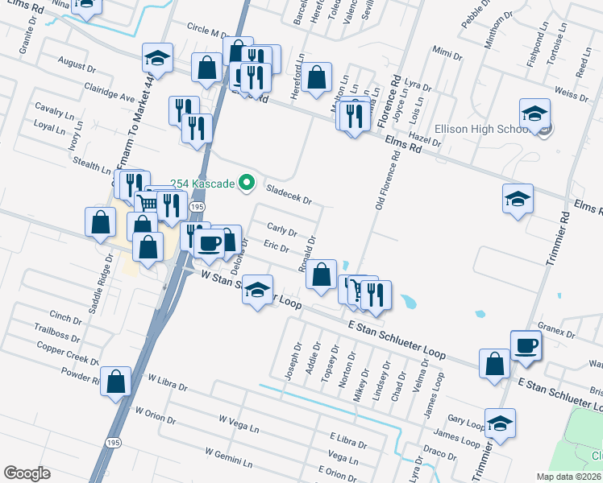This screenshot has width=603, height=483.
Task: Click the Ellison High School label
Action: click(480, 130)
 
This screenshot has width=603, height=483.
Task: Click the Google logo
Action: click(27, 473)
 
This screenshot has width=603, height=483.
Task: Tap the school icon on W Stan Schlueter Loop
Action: click(257, 291)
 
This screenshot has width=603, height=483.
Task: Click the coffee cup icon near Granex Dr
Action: click(526, 345)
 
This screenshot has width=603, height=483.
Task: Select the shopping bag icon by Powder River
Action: click(117, 383)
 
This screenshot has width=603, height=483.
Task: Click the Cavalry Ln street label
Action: click(53, 109)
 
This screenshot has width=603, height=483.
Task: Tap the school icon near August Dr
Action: click(157, 58)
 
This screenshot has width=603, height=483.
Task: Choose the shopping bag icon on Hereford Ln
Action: click(318, 77)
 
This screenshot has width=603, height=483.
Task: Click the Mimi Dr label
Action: click(447, 55)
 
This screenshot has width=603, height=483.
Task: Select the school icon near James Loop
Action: click(500, 423)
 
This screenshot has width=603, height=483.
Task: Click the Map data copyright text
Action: click(568, 477)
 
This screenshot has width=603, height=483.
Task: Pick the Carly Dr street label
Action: click(282, 230)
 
